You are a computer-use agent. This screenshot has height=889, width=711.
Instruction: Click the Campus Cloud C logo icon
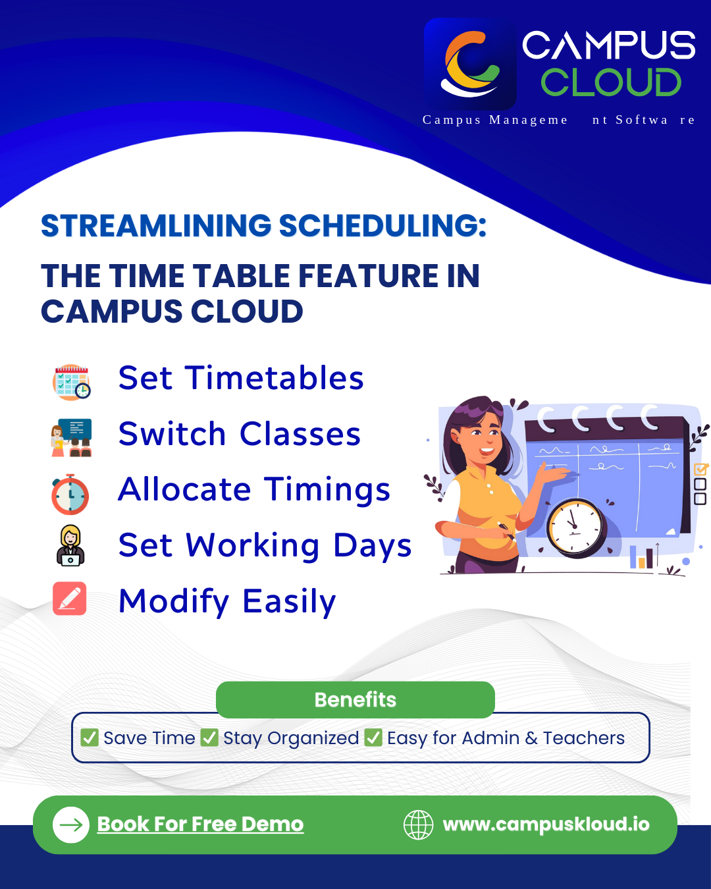[470, 64]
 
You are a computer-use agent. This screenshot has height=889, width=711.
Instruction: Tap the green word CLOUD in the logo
[611, 82]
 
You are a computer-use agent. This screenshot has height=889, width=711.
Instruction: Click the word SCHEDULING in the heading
[382, 226]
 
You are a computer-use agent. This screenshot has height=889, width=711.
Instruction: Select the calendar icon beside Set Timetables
[72, 382]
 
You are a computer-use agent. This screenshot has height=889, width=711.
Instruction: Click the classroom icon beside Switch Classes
[71, 437]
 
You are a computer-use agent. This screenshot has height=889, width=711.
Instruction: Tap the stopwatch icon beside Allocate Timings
[70, 494]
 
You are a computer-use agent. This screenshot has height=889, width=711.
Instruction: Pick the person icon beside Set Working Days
[70, 545]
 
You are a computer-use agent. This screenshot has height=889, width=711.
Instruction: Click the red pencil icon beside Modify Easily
[69, 599]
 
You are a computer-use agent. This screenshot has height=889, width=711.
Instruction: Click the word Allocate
[184, 489]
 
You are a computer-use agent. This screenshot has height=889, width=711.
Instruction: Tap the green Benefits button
[355, 699]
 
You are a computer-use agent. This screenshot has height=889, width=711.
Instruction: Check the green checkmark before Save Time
[90, 738]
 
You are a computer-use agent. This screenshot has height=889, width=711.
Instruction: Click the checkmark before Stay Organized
[209, 738]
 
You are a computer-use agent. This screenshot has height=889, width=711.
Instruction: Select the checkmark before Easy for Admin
[373, 738]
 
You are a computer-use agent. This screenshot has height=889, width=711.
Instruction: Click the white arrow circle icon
[70, 825]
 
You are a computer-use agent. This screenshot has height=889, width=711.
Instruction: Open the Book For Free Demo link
[200, 824]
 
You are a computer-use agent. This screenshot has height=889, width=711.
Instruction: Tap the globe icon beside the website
[418, 825]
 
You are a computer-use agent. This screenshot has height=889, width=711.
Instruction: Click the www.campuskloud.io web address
[546, 824]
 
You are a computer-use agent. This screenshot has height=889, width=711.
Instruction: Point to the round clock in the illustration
[574, 527]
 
